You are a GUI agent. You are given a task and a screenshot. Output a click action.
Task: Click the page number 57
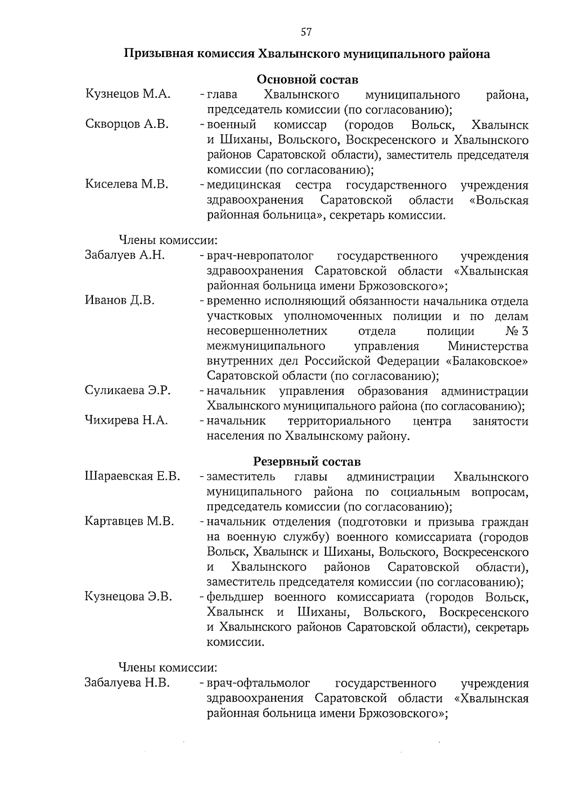coord(306,32)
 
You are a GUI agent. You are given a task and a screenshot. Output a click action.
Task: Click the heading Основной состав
coord(307,79)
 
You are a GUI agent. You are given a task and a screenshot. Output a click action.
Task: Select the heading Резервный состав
coord(307,461)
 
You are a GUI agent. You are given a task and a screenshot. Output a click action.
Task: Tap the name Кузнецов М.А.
coord(128,94)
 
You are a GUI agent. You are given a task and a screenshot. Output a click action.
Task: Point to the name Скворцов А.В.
coord(127,124)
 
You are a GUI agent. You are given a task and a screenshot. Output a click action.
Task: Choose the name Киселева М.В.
coord(127,184)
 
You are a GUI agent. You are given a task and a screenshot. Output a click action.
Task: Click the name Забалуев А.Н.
coord(125,255)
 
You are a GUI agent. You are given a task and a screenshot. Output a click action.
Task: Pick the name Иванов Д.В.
coord(119,300)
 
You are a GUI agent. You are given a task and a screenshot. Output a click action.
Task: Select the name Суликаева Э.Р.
coord(128,390)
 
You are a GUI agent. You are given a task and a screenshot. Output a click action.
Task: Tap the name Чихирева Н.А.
coord(126,420)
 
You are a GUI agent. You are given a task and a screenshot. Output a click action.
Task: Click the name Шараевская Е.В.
coord(132,476)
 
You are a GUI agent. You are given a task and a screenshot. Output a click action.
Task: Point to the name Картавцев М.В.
coord(129,521)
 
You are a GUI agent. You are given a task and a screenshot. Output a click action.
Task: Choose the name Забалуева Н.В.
coord(127,683)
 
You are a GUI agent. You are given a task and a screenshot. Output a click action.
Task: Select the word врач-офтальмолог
coord(258,683)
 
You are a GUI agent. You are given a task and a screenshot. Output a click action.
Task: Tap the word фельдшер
coord(235,597)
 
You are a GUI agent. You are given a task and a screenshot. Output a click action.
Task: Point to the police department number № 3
coord(517,331)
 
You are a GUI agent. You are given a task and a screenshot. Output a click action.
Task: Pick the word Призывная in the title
coord(156,54)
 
